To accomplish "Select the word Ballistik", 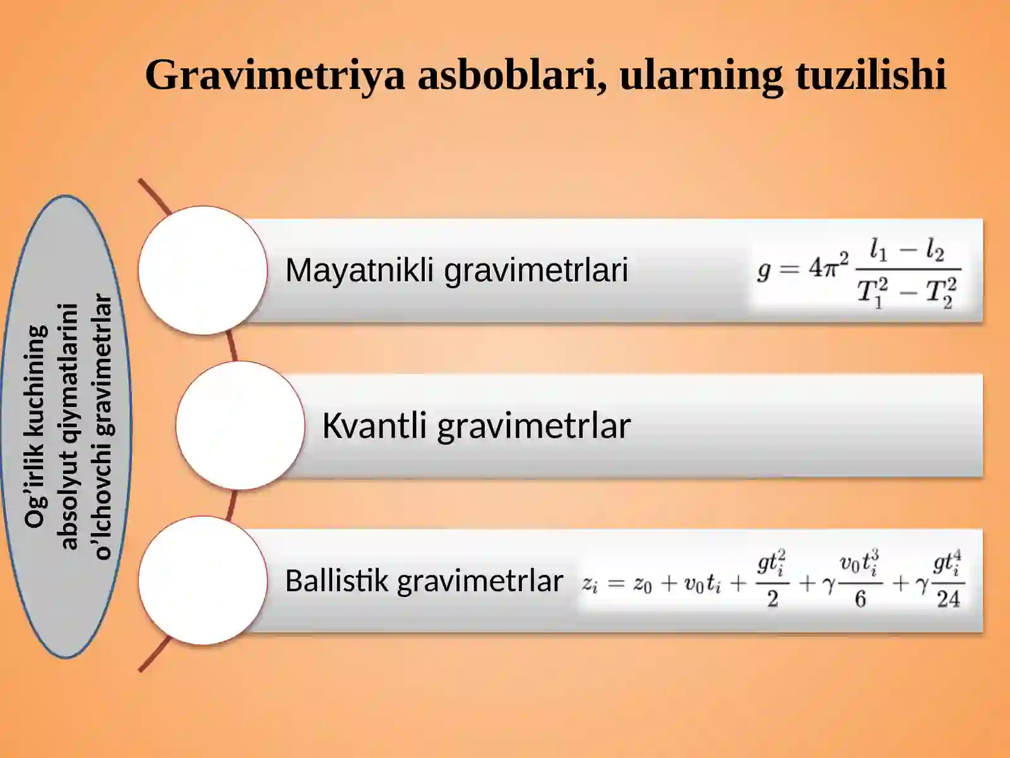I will click(x=336, y=581).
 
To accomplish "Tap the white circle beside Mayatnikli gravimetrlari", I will click(x=203, y=270).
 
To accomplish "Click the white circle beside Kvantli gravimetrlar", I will click(x=240, y=425).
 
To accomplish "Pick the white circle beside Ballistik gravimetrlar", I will click(x=203, y=581).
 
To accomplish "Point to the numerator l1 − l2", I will click(x=906, y=250).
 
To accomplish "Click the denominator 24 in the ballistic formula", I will click(x=948, y=599).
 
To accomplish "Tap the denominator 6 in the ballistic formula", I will click(x=860, y=599).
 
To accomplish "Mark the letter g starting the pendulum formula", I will click(x=764, y=270).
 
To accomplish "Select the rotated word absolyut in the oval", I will click(x=68, y=506).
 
